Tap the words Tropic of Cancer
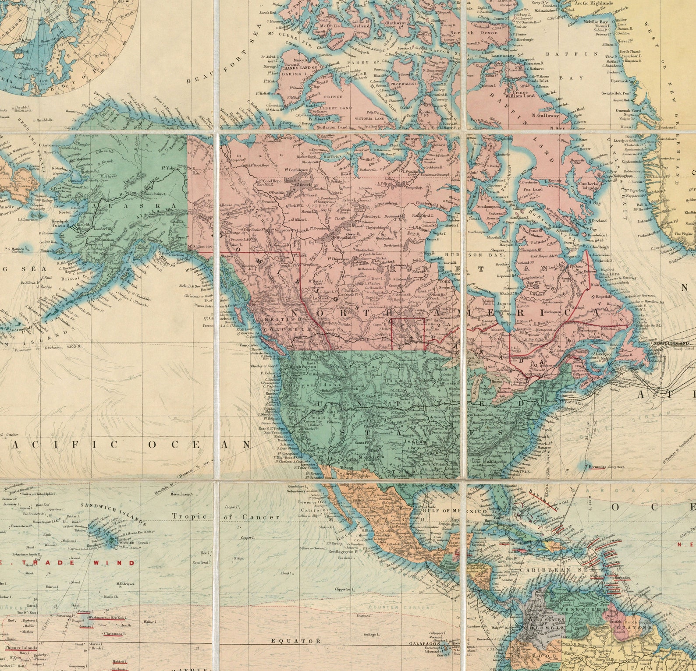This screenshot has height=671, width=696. (x=226, y=517)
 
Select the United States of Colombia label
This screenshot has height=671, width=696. (x=543, y=625)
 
